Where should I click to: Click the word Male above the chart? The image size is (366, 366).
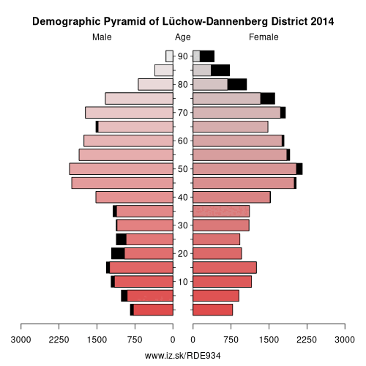102,37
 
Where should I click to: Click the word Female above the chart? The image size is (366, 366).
264,37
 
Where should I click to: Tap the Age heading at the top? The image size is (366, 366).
183,37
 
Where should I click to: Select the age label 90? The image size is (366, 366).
183,56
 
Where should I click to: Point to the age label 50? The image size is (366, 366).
183,169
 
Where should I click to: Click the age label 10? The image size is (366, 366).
183,282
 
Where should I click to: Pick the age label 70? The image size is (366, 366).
183,113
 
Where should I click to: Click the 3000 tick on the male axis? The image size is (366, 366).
20,340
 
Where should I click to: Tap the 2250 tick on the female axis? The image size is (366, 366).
307,340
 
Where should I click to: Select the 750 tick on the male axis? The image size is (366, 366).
135,340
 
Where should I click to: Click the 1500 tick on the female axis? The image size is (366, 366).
269,340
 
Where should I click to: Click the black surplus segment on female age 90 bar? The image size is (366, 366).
207,56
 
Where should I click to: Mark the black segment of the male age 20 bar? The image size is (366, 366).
118,253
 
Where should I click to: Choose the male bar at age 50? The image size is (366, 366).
122,169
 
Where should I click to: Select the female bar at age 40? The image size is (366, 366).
231,197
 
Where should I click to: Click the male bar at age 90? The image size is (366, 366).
170,56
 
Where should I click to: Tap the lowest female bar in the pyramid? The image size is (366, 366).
212,310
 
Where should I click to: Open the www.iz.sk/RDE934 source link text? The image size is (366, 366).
182,356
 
